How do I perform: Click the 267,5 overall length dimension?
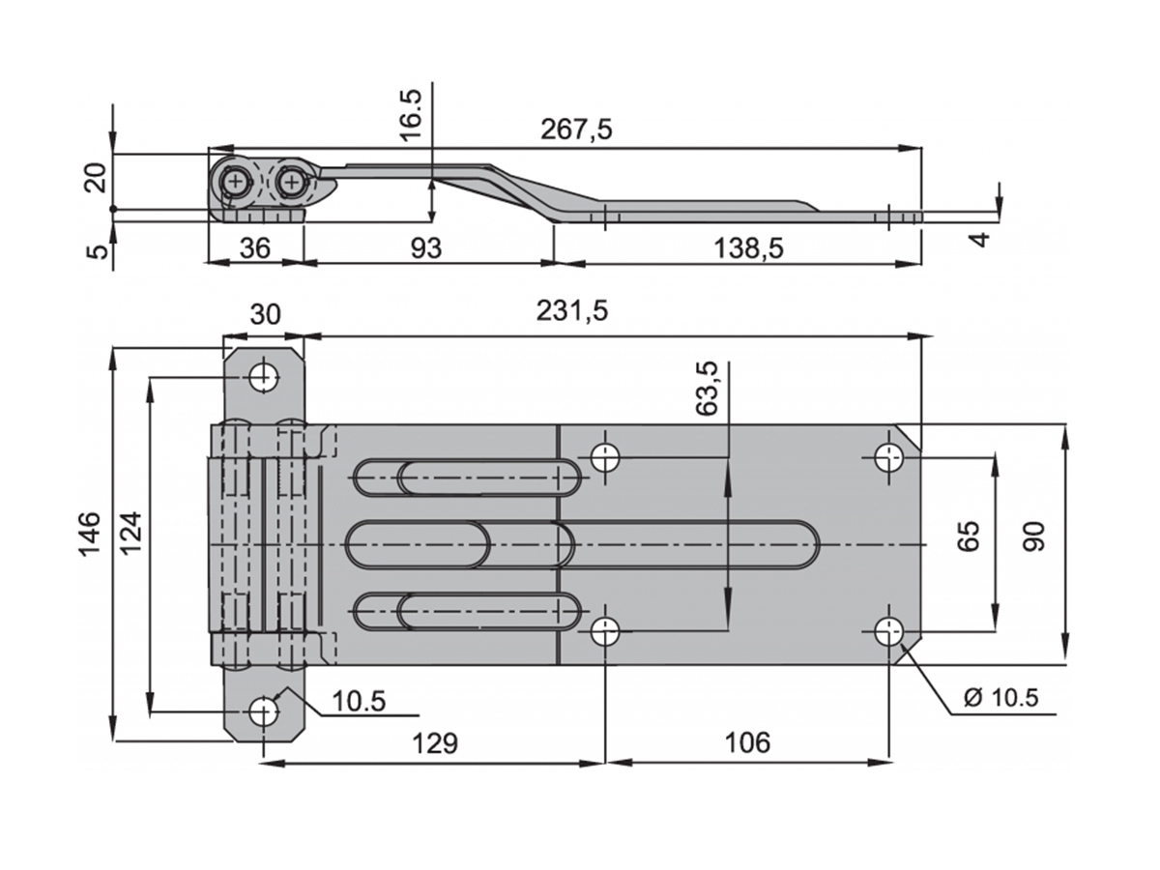click(576, 130)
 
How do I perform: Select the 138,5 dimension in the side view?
click(748, 248)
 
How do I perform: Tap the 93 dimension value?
click(426, 248)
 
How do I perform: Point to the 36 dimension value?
click(255, 248)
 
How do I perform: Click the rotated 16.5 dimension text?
click(411, 115)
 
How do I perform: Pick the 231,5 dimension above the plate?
click(572, 311)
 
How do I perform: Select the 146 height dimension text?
click(89, 534)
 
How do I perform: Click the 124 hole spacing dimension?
click(130, 533)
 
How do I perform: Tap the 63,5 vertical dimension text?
click(708, 389)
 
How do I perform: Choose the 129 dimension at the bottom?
click(434, 743)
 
